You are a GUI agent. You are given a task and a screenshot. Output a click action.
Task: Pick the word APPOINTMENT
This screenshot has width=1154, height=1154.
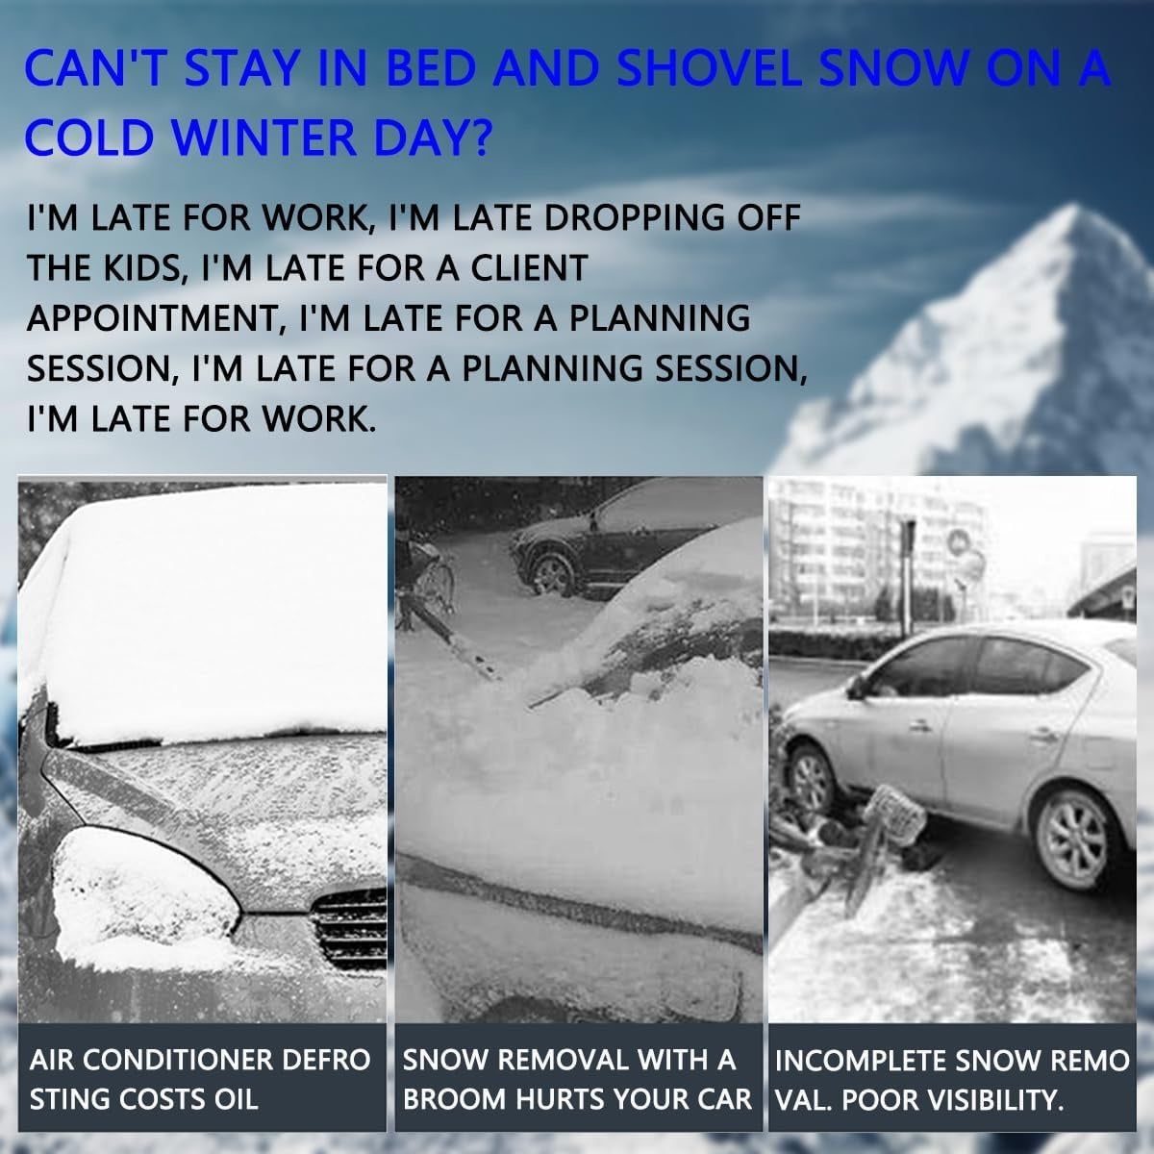tap(154, 318)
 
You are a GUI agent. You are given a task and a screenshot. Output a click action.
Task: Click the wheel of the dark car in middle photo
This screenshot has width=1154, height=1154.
tap(554, 575)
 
